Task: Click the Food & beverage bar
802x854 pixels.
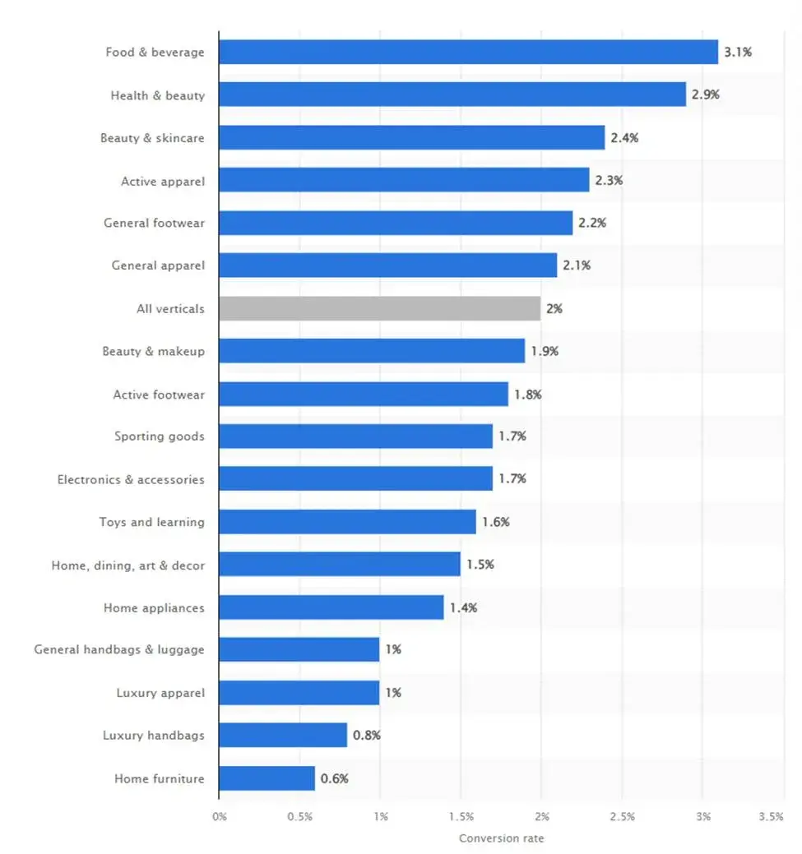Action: pyautogui.click(x=468, y=52)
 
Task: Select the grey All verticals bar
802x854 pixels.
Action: pyautogui.click(x=379, y=309)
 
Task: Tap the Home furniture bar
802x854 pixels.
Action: pyautogui.click(x=267, y=778)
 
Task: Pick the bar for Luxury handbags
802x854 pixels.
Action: pyautogui.click(x=283, y=735)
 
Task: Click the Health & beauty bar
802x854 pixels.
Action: pyautogui.click(x=452, y=95)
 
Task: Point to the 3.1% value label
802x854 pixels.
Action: pyautogui.click(x=738, y=52)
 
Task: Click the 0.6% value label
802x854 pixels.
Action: pyautogui.click(x=335, y=778)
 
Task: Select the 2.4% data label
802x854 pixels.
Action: pyautogui.click(x=624, y=137)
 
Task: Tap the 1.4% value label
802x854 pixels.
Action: pyautogui.click(x=463, y=608)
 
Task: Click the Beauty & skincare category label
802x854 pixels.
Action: pyautogui.click(x=152, y=138)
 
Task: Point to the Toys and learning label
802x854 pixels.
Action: pyautogui.click(x=151, y=522)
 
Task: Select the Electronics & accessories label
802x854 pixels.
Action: pyautogui.click(x=131, y=479)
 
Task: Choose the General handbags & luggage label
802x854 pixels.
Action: pyautogui.click(x=119, y=649)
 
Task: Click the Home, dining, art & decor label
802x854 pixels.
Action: pyautogui.click(x=127, y=565)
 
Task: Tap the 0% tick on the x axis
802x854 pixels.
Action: pyautogui.click(x=219, y=817)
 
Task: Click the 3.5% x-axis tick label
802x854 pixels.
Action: pyautogui.click(x=771, y=817)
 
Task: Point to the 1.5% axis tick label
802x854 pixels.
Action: pyautogui.click(x=461, y=817)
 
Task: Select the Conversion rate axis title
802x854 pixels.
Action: pyautogui.click(x=501, y=838)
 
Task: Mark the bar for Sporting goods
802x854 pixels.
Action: pyautogui.click(x=355, y=436)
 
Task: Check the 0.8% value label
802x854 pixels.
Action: pyautogui.click(x=367, y=736)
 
